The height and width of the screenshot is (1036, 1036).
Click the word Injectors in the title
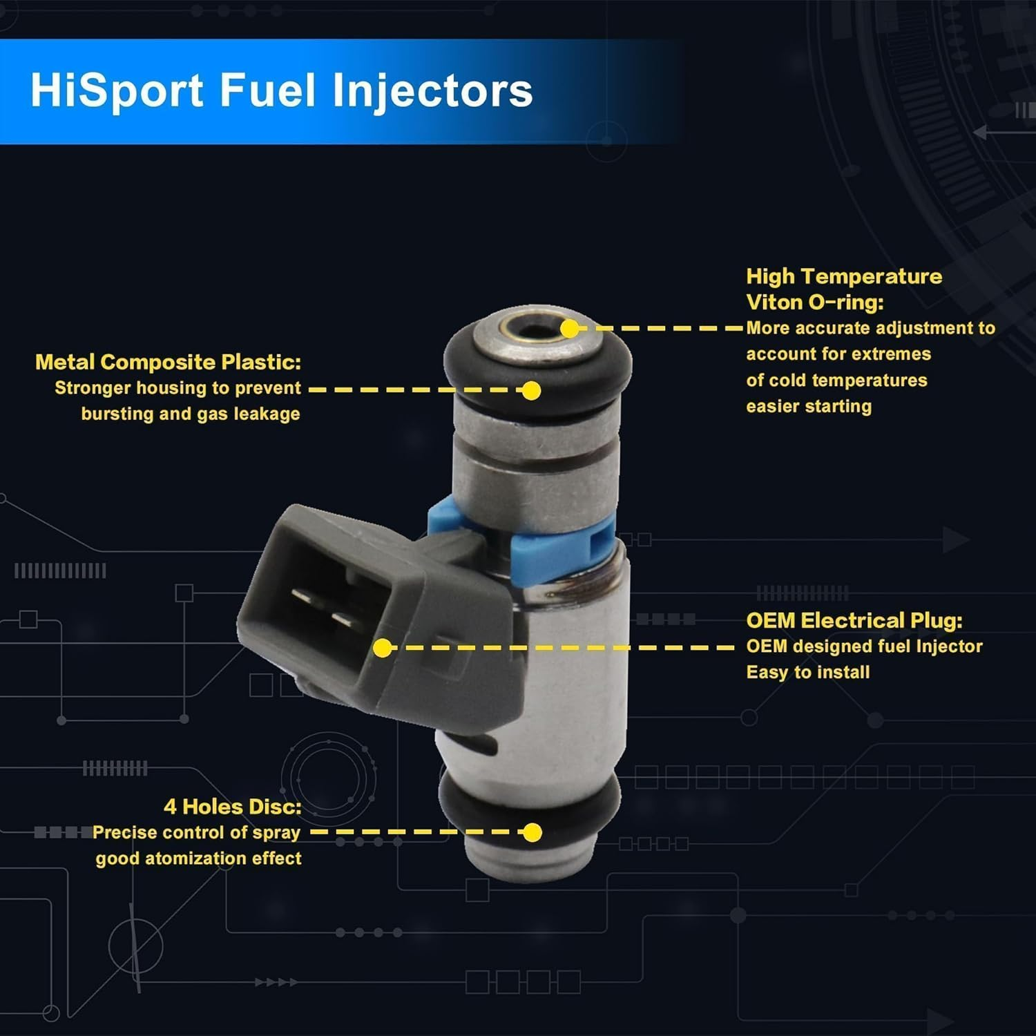tap(433, 91)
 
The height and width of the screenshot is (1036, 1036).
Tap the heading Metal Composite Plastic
tap(168, 362)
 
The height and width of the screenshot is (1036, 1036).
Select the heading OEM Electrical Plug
tap(854, 620)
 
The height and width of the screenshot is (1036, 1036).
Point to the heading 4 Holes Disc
tap(233, 806)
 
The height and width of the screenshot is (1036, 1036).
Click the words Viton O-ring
tap(815, 302)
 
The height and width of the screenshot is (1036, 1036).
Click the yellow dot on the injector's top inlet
tap(570, 329)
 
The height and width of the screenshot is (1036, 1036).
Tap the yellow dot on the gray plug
tap(383, 648)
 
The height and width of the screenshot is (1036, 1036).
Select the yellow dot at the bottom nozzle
tap(533, 832)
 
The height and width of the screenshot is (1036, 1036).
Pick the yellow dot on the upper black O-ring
tap(531, 391)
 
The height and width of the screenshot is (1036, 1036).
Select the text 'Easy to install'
tap(808, 672)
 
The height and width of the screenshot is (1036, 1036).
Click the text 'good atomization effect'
tap(199, 858)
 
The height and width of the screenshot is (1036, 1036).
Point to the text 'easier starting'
tap(809, 406)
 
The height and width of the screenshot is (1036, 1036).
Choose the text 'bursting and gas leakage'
tap(191, 414)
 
